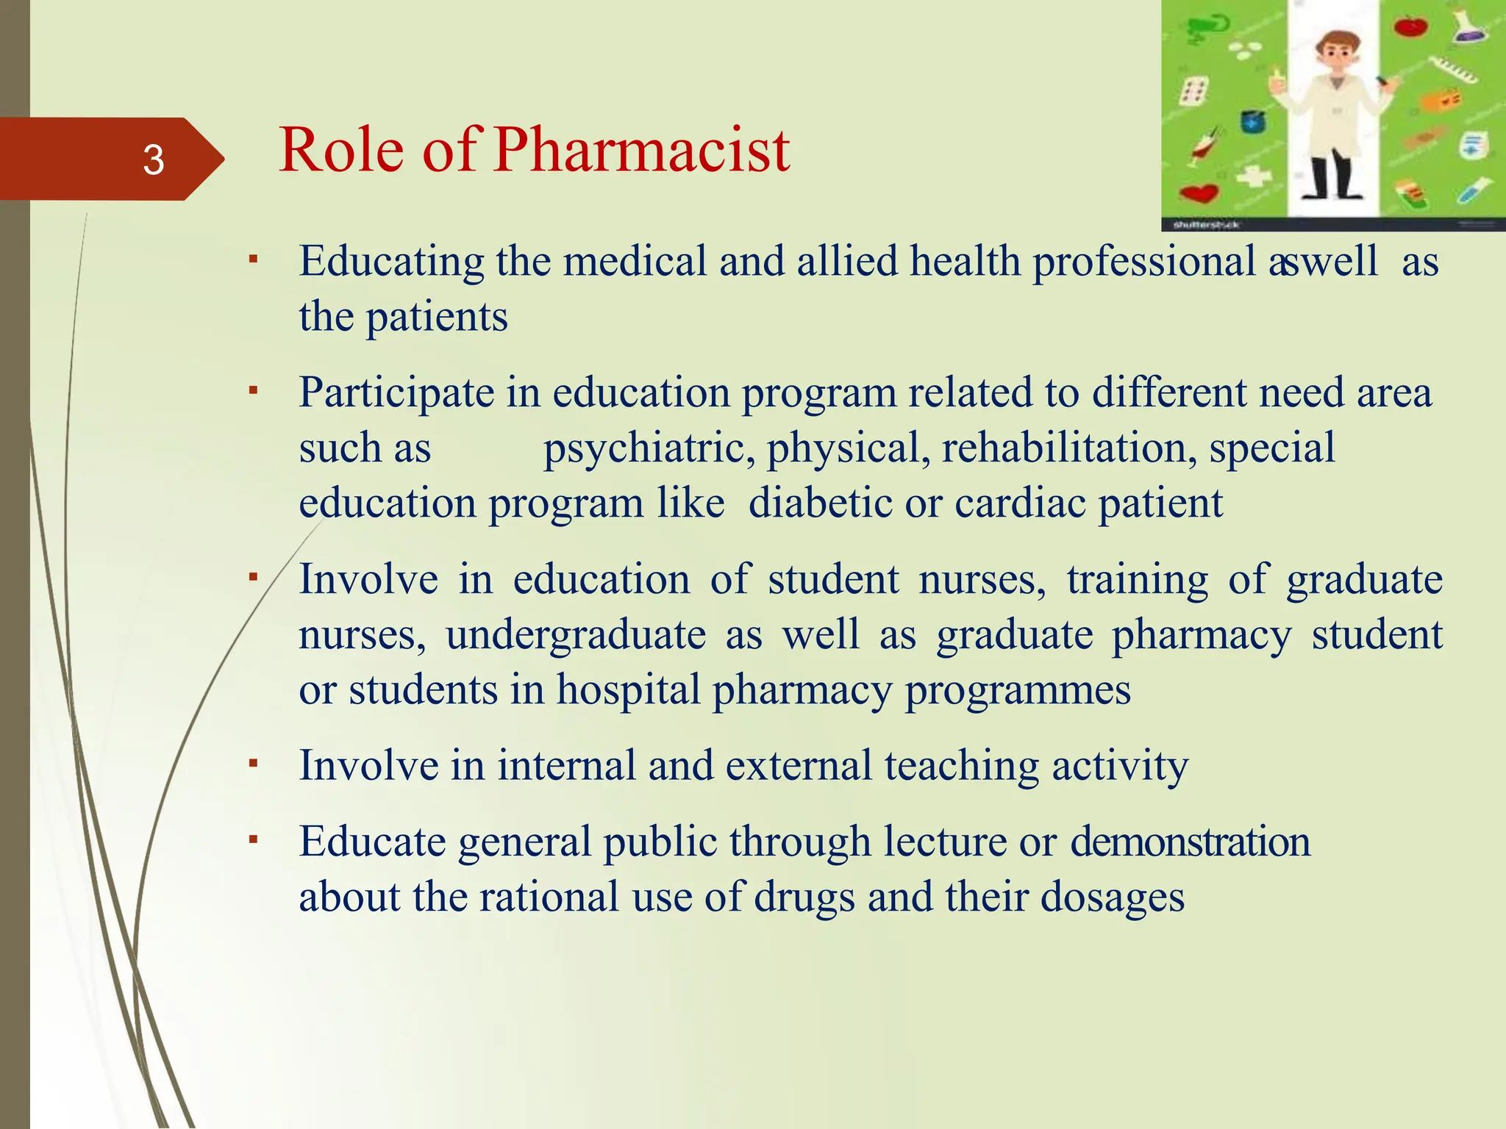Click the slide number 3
coord(153,160)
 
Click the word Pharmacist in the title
coord(641,150)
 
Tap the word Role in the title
coord(341,150)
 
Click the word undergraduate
coord(576,634)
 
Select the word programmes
coord(1017,692)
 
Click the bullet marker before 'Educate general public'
coord(253,839)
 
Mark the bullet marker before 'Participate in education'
coord(253,390)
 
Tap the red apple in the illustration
coord(1410,27)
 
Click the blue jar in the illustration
coord(1253,121)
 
